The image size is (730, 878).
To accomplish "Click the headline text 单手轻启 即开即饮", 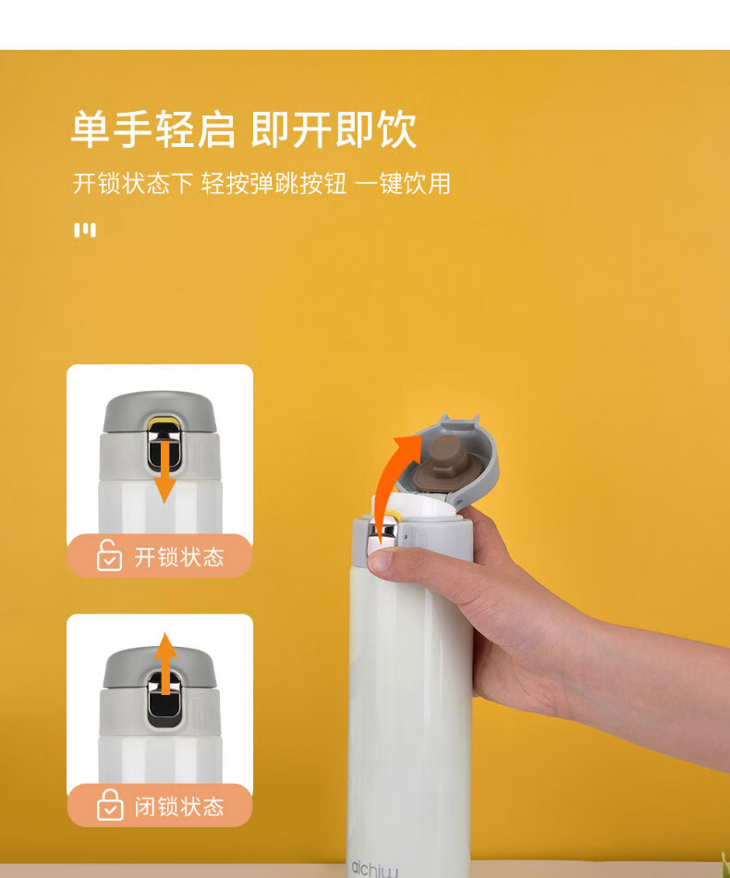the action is coord(244,129).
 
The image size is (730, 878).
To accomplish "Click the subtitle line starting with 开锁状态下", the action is coord(262,184).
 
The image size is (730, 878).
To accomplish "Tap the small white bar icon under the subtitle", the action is coord(85,229).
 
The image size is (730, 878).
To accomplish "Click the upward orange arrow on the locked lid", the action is coord(165,665).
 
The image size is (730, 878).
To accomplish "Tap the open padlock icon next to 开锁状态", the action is coord(109,555).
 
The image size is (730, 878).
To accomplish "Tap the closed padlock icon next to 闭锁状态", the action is coord(110,805).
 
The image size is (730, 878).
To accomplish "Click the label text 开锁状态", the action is coord(179,557).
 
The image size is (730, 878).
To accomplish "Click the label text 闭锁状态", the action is coord(179,807).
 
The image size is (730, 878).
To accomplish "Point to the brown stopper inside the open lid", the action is coord(446,462).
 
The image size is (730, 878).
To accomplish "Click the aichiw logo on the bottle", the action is coord(375,869).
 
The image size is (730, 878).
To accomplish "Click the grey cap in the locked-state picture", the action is coord(160,667).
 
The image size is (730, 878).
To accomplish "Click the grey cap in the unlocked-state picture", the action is coord(160,411).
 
